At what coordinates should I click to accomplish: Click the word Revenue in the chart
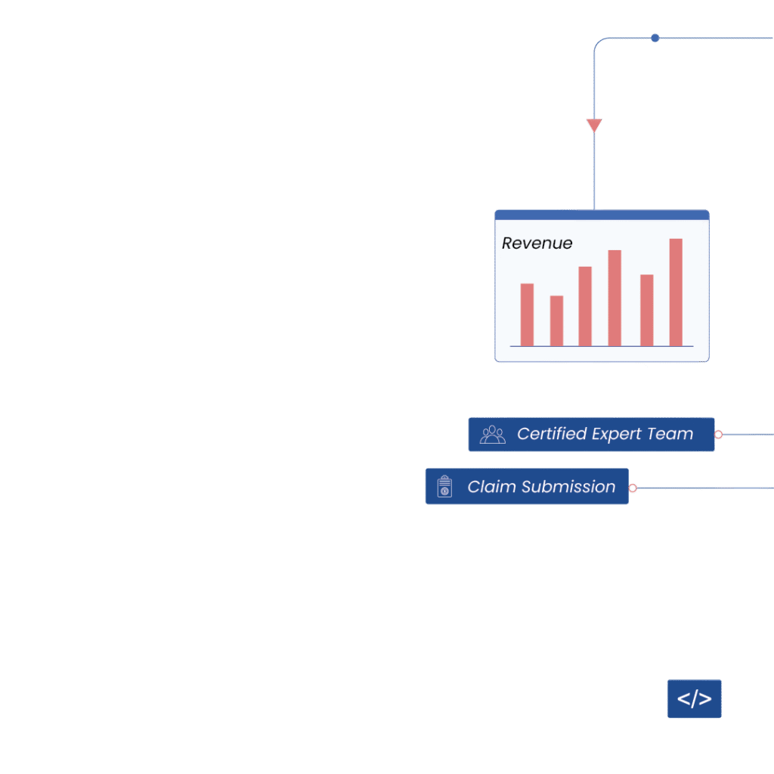[x=537, y=243]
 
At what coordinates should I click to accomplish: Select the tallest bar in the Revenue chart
[x=676, y=293]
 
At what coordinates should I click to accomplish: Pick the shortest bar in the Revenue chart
[x=556, y=320]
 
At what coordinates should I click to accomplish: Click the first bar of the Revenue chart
[x=527, y=314]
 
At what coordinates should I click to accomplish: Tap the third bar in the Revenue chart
[x=585, y=306]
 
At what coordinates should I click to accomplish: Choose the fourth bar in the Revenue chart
[x=615, y=298]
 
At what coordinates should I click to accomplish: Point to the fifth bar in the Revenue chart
[x=647, y=310]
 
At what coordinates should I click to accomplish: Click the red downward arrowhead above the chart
[x=594, y=125]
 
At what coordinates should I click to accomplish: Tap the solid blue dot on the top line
[x=655, y=38]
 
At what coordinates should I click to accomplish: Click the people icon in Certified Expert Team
[x=493, y=435]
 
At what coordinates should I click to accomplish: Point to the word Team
[x=670, y=434]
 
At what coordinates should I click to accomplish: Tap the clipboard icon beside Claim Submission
[x=444, y=486]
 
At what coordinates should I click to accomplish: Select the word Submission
[x=568, y=487]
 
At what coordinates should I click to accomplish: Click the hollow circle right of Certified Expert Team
[x=718, y=435]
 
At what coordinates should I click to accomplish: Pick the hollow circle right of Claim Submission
[x=633, y=488]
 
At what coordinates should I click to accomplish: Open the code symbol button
[x=694, y=698]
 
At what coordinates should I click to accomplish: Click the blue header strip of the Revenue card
[x=602, y=215]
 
